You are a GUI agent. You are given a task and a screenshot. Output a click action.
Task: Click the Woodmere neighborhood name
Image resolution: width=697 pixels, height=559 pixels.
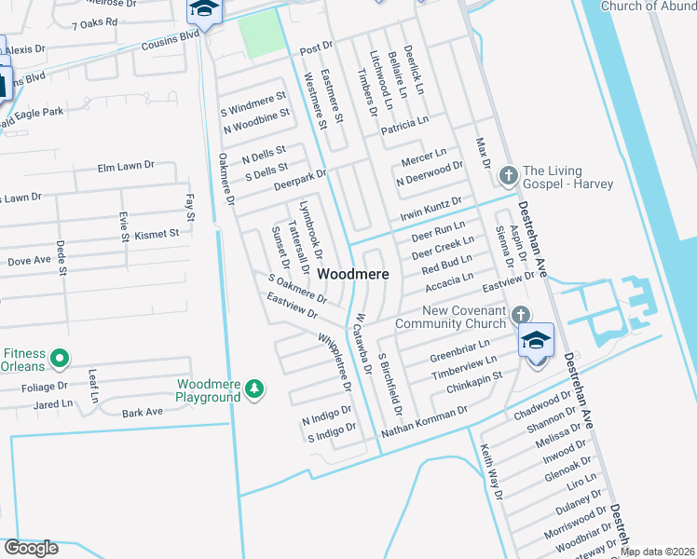pyautogui.click(x=353, y=275)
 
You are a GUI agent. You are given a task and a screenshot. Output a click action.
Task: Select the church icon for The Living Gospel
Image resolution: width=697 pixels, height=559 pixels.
pyautogui.click(x=509, y=174)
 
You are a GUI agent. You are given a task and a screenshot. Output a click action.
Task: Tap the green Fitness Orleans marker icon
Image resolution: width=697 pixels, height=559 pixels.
pyautogui.click(x=60, y=357)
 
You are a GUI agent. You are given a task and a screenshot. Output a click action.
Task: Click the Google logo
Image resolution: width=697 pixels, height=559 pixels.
pyautogui.click(x=31, y=547)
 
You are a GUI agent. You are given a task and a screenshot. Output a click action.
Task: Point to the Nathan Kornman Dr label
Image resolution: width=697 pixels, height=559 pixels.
pyautogui.click(x=425, y=423)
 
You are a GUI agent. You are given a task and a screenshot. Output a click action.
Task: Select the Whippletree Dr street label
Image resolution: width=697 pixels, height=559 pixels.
pyautogui.click(x=335, y=362)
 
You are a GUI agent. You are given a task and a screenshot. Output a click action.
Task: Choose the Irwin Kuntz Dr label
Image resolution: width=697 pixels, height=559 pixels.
pyautogui.click(x=430, y=209)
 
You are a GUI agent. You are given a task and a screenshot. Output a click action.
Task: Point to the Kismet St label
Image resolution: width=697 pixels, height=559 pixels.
pyautogui.click(x=156, y=234)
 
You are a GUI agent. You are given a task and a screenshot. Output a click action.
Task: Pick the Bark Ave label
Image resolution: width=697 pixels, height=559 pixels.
pyautogui.click(x=143, y=412)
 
